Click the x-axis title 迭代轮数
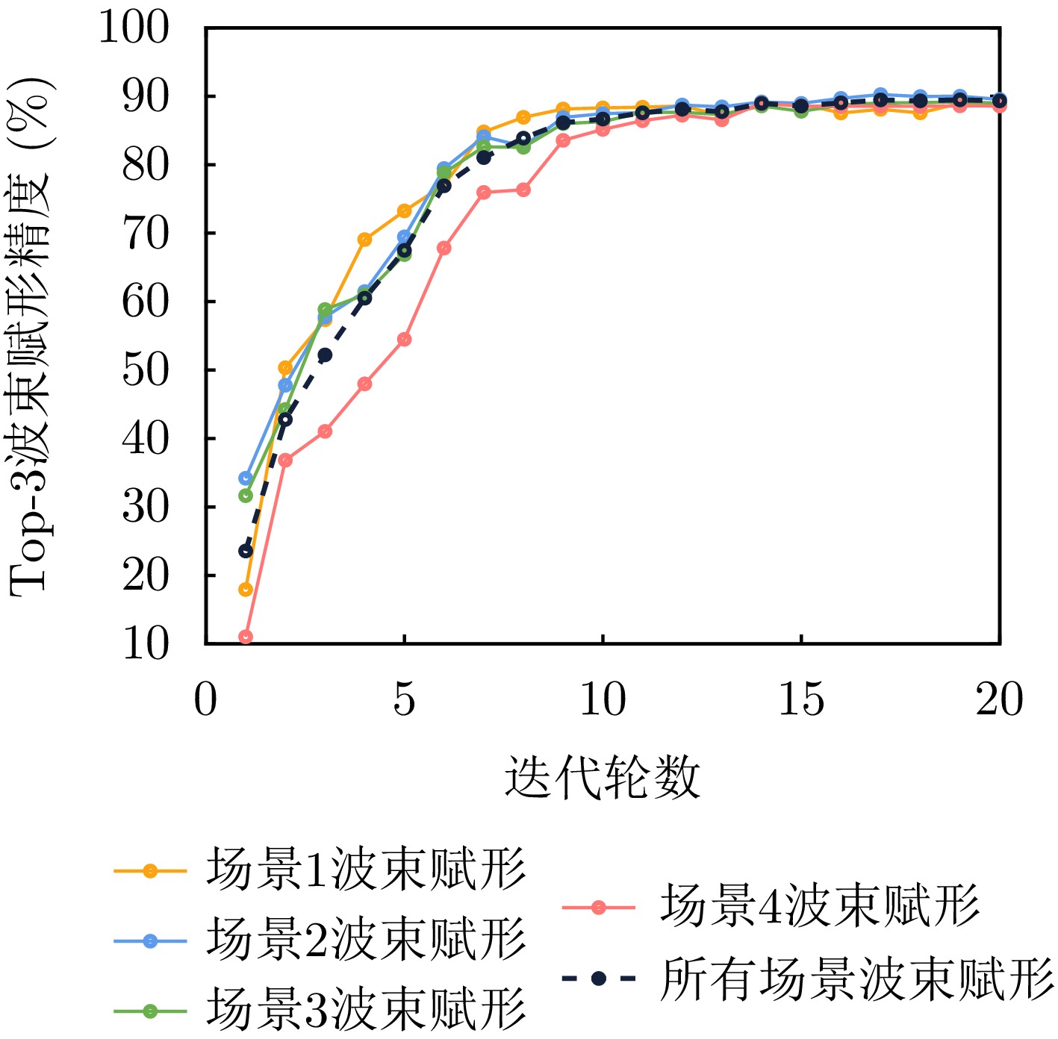(603, 777)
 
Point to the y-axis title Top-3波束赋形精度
(31, 336)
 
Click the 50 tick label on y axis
(146, 370)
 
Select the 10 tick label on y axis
(146, 643)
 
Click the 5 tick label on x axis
(404, 700)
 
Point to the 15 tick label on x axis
(801, 700)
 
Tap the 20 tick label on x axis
(999, 700)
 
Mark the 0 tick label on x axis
(205, 700)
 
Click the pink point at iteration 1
(246, 637)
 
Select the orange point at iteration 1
(246, 590)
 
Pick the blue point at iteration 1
(246, 478)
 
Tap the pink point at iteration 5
(404, 339)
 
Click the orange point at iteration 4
(364, 240)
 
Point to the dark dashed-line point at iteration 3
(325, 355)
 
